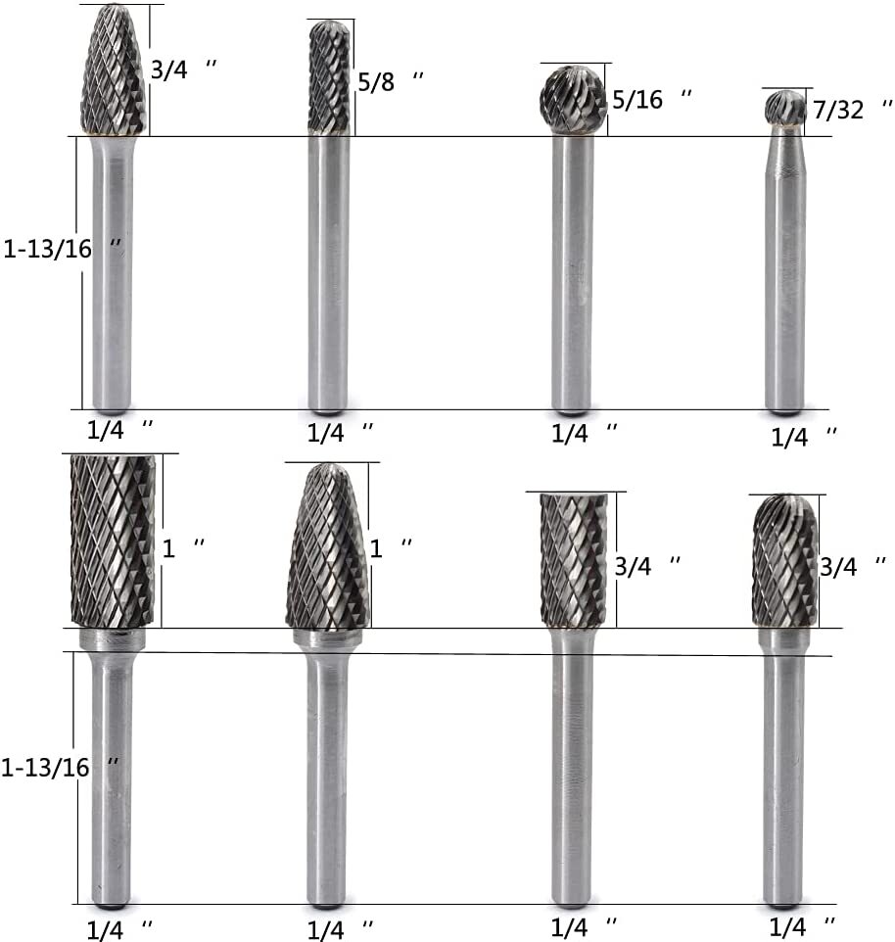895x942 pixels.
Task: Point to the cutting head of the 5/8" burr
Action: (328, 76)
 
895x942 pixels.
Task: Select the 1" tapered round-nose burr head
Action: (328, 548)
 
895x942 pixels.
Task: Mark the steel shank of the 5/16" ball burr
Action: (572, 274)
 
